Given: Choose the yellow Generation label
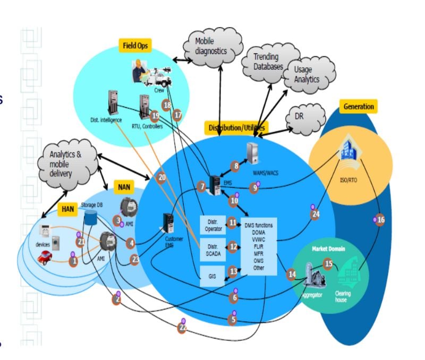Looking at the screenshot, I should [x=359, y=106].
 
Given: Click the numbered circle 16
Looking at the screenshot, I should [x=380, y=220].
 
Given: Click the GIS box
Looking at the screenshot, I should [x=212, y=276].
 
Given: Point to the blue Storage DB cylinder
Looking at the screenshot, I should [x=91, y=218].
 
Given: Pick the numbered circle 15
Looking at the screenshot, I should [x=328, y=263].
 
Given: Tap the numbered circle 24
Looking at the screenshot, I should [x=316, y=214].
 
